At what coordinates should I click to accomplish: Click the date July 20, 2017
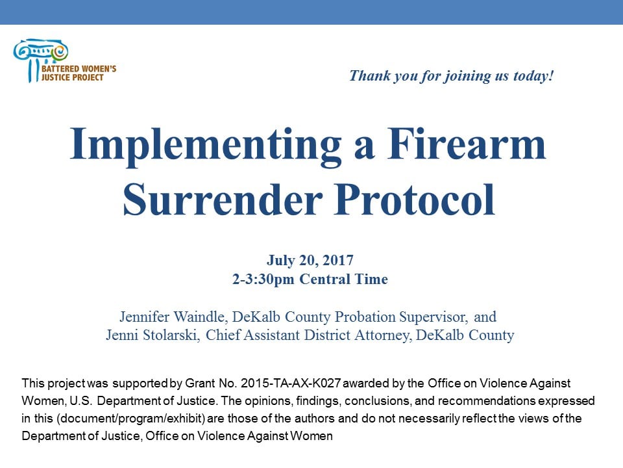pos(310,261)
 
